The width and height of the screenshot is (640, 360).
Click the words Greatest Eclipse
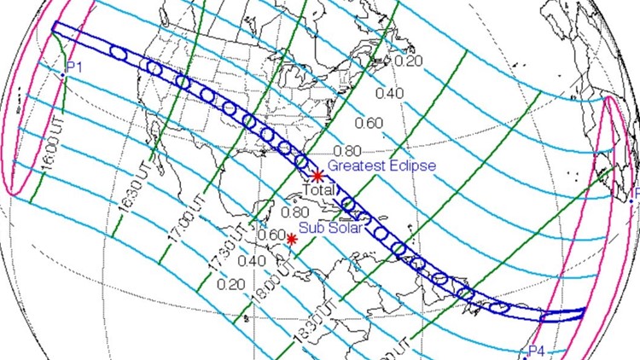pos(382,165)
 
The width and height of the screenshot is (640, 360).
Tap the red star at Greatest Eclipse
pos(317,175)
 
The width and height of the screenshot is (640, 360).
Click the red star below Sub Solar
pos(292,239)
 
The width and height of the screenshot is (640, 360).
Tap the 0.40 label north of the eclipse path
pos(388,92)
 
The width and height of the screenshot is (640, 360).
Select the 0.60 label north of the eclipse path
pos(369,122)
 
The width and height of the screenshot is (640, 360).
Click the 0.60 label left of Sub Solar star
pos(271,235)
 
